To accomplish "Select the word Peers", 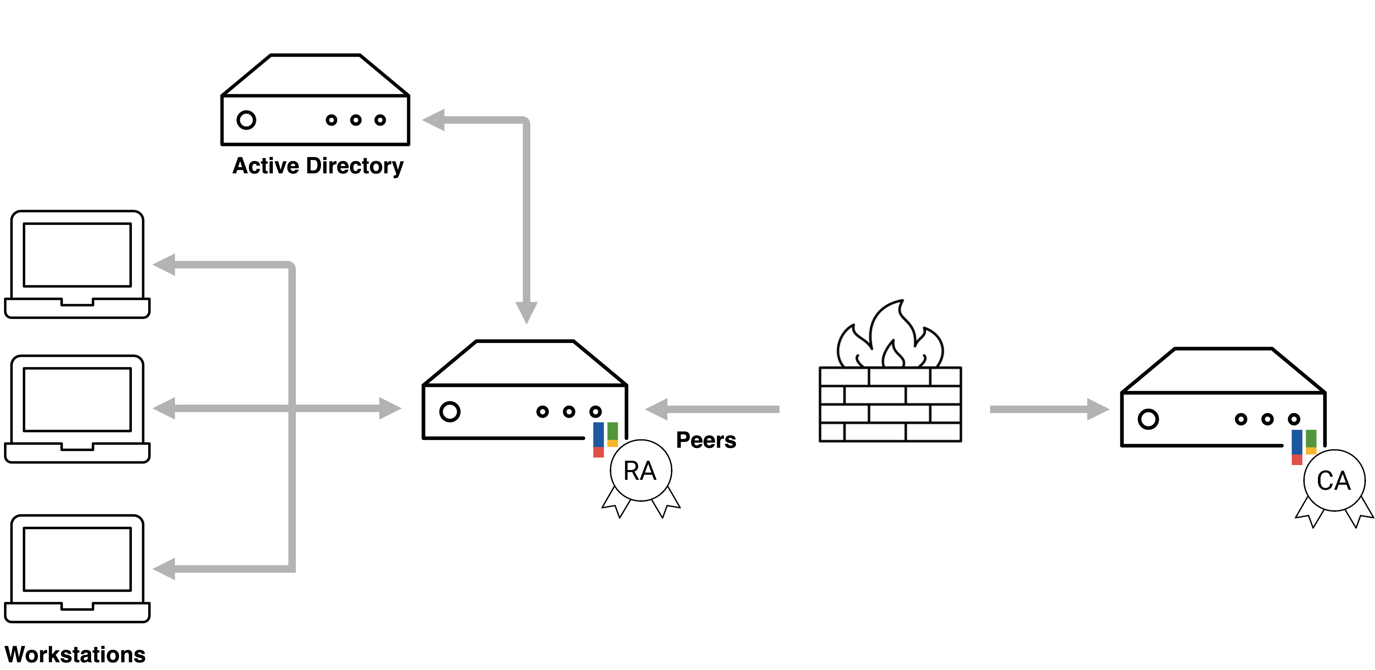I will [706, 441].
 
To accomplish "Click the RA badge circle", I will [641, 470].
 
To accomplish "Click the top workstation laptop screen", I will [77, 255].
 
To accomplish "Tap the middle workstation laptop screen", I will [77, 399].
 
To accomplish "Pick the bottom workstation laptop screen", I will [77, 559].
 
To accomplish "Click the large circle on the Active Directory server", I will [246, 120].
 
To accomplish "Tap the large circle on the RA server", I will [450, 412].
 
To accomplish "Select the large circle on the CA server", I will [1147, 419].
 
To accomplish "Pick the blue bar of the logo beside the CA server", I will [1296, 442].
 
